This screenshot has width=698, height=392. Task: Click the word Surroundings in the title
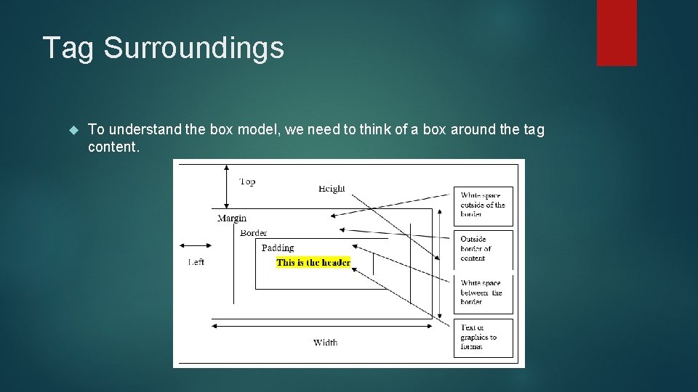193,49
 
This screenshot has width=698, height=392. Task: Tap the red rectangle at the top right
617,33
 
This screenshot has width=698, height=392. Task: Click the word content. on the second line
113,147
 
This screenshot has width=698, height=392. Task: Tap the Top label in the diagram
247,181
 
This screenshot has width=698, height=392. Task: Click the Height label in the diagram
332,189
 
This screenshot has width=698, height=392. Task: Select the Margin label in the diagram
232,218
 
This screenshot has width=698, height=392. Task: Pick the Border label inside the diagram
254,233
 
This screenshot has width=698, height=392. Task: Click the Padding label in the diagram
278,248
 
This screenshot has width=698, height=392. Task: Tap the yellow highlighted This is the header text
313,263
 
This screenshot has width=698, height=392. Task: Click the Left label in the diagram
196,262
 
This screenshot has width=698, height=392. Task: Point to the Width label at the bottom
325,343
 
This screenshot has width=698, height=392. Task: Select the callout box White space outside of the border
483,205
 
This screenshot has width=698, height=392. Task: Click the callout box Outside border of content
483,249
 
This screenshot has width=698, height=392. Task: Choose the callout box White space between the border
483,293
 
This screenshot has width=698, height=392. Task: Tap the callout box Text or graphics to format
483,338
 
